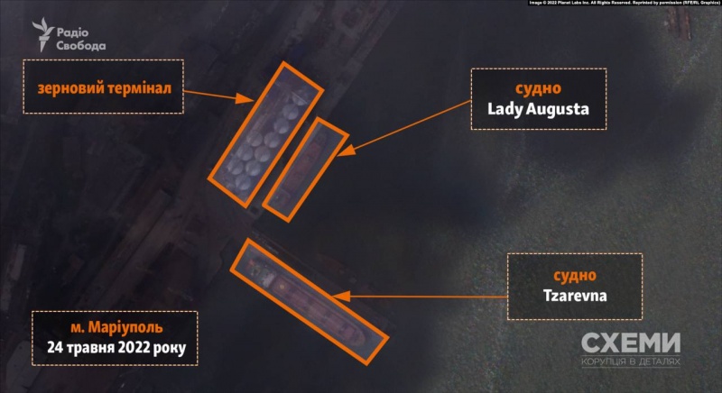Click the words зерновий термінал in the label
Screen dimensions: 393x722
pyautogui.click(x=104, y=87)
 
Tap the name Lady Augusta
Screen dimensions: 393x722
pyautogui.click(x=538, y=110)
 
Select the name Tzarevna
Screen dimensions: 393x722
pyautogui.click(x=574, y=296)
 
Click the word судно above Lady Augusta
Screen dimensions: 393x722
pyautogui.click(x=538, y=89)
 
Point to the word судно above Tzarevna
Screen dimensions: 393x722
pyautogui.click(x=574, y=275)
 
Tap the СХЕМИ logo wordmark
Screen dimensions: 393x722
pyautogui.click(x=630, y=343)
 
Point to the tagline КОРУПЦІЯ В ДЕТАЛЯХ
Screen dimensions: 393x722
pyautogui.click(x=630, y=362)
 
